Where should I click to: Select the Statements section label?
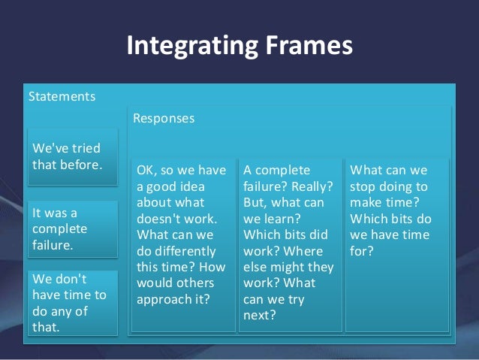(x=62, y=97)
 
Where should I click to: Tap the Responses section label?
(x=164, y=119)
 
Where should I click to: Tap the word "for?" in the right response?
(x=362, y=251)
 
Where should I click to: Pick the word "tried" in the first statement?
(x=83, y=147)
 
